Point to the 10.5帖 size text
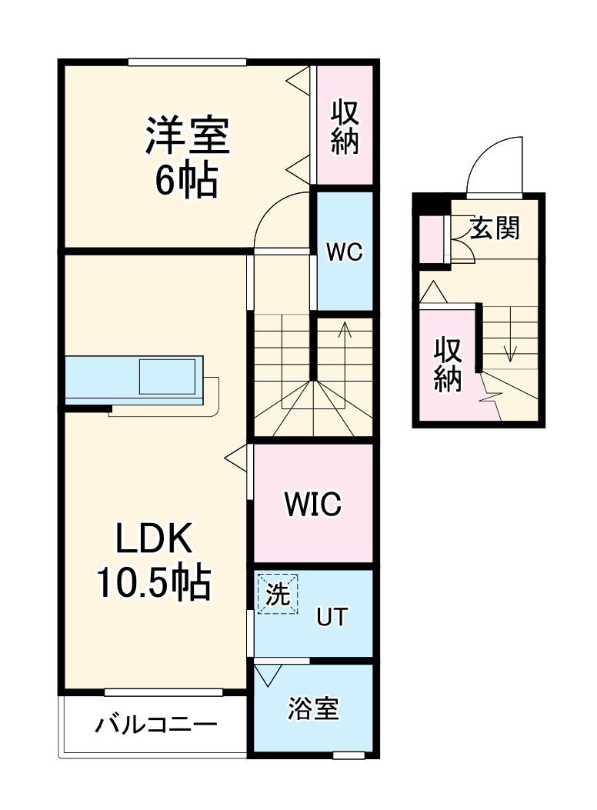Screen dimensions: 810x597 pos(153,585)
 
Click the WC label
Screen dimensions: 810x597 pos(344,252)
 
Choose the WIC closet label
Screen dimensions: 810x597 pos(312,505)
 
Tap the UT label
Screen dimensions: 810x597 pos(332,617)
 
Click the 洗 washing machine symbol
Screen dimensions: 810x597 pos(278,595)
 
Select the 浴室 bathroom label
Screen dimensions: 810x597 pos(313,708)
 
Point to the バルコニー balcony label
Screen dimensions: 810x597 pos(156,725)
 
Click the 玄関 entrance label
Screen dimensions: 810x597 pos(495,228)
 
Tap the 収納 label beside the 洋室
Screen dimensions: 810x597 pos(345,127)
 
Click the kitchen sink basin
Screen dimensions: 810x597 pos(168,377)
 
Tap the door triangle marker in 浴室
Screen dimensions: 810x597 pos(268,675)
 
